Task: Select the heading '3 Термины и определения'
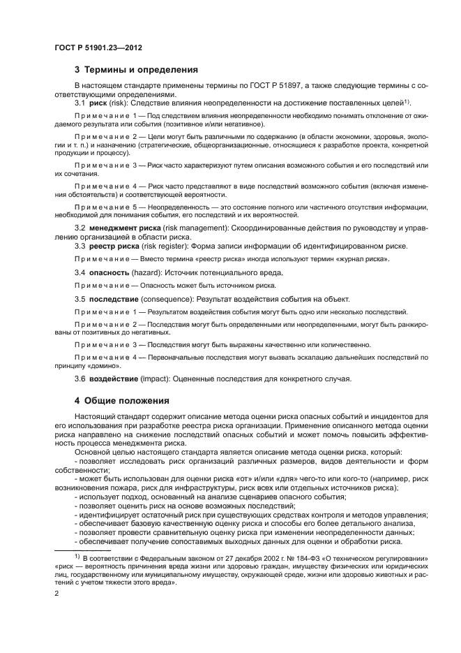click(136, 70)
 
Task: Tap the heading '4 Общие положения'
click(122, 401)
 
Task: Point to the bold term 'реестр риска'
click(113, 246)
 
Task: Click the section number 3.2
click(80, 228)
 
